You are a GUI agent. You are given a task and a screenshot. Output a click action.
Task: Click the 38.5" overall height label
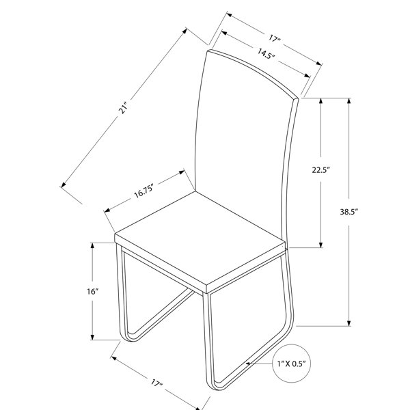(x=348, y=212)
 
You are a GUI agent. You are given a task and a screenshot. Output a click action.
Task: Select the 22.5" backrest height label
(x=321, y=170)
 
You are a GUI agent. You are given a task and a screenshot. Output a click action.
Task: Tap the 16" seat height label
(x=92, y=291)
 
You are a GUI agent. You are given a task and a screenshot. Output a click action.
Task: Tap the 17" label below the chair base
(x=156, y=383)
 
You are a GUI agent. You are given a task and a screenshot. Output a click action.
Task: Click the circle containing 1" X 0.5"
(x=292, y=364)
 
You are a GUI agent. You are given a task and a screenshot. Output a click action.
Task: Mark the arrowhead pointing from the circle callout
(x=248, y=364)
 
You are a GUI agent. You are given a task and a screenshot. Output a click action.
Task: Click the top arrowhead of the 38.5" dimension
(x=348, y=101)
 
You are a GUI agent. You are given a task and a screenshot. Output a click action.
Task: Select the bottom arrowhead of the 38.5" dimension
(x=348, y=323)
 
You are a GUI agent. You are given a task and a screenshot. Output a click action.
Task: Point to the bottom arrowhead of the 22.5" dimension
(x=321, y=245)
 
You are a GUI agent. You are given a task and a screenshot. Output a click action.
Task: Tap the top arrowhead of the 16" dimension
(x=92, y=246)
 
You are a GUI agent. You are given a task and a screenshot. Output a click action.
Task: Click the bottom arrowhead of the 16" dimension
(x=92, y=337)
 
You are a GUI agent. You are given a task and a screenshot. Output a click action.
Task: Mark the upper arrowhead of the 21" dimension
(x=184, y=31)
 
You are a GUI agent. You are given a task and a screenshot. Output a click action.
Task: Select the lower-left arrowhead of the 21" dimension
(x=63, y=185)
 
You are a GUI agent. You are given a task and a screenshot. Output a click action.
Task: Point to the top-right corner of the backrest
(x=298, y=98)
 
